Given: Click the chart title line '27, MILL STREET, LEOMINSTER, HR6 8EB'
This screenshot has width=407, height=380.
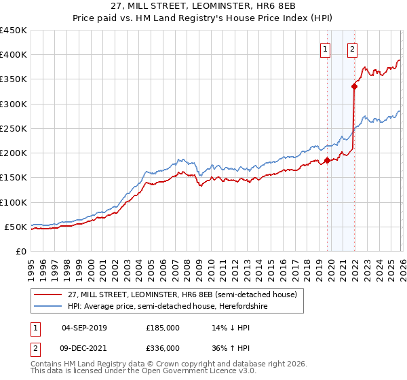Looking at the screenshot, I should [203, 6].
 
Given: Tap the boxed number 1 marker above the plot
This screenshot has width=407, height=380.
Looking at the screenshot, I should [326, 49].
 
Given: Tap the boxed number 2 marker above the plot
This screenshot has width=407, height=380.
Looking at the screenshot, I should [353, 49].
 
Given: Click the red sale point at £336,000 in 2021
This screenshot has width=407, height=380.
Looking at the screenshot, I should [354, 86].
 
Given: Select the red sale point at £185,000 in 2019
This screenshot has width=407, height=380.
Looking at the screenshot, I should [327, 160].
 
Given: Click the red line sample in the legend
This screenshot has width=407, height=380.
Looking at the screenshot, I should [47, 295].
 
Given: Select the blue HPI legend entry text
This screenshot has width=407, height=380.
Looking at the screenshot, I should [168, 307].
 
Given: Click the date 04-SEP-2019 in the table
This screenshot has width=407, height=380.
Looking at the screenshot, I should [84, 328].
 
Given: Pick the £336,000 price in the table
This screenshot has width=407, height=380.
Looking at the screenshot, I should [163, 348].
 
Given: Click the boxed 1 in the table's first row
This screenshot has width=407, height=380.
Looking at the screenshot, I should [34, 328].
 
